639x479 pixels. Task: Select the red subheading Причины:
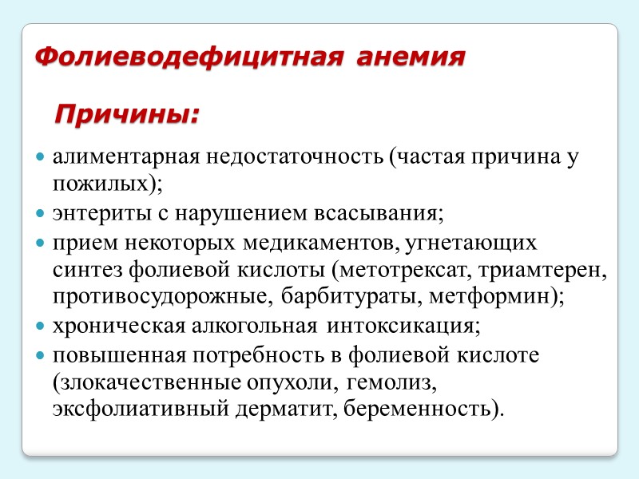(x=126, y=114)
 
